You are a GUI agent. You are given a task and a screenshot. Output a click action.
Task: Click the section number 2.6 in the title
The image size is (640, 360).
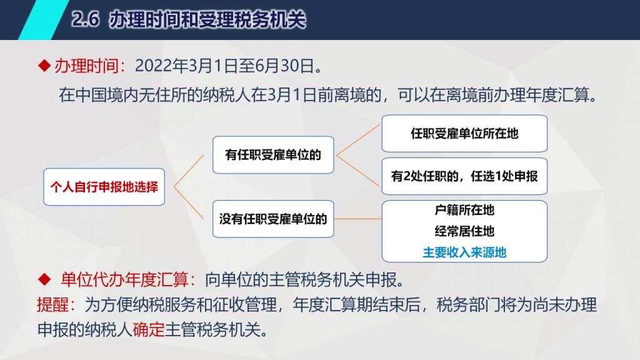coord(85,19)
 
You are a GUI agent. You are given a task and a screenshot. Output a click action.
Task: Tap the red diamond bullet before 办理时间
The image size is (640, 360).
coord(44,66)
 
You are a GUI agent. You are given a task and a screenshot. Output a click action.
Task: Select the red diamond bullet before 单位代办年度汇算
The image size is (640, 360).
coord(44,279)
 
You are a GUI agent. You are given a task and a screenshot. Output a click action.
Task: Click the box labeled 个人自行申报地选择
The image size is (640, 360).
coord(104,187)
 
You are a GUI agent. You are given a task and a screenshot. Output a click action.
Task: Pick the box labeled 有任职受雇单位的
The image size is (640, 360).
coord(273,155)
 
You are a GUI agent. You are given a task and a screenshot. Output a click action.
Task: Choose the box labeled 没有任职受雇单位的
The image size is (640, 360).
coord(273,219)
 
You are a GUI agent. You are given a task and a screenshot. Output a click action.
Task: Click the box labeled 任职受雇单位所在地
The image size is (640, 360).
coord(464,134)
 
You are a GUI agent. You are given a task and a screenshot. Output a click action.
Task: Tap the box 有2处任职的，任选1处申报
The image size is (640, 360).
coord(464,176)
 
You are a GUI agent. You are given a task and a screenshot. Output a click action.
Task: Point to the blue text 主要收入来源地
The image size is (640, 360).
coord(464,252)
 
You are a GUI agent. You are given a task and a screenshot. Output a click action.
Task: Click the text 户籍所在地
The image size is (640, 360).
coord(464,210)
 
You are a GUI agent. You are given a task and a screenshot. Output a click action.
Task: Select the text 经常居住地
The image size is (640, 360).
coord(464,231)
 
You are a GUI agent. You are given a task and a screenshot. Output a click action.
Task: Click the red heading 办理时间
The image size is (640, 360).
coord(86,66)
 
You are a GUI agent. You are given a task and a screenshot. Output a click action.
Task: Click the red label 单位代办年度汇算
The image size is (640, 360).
coord(125,279)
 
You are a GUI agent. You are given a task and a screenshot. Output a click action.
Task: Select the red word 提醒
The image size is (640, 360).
coord(52,304)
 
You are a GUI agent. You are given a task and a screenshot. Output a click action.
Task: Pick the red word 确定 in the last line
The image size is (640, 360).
coord(149,329)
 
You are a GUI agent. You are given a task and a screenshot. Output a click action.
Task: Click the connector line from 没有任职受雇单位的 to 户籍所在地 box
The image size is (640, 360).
coord(357,219)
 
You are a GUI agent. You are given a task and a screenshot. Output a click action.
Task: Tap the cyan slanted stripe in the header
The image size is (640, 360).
coord(44,19)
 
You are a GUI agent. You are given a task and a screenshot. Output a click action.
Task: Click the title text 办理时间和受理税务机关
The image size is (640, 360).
coord(207,19)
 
